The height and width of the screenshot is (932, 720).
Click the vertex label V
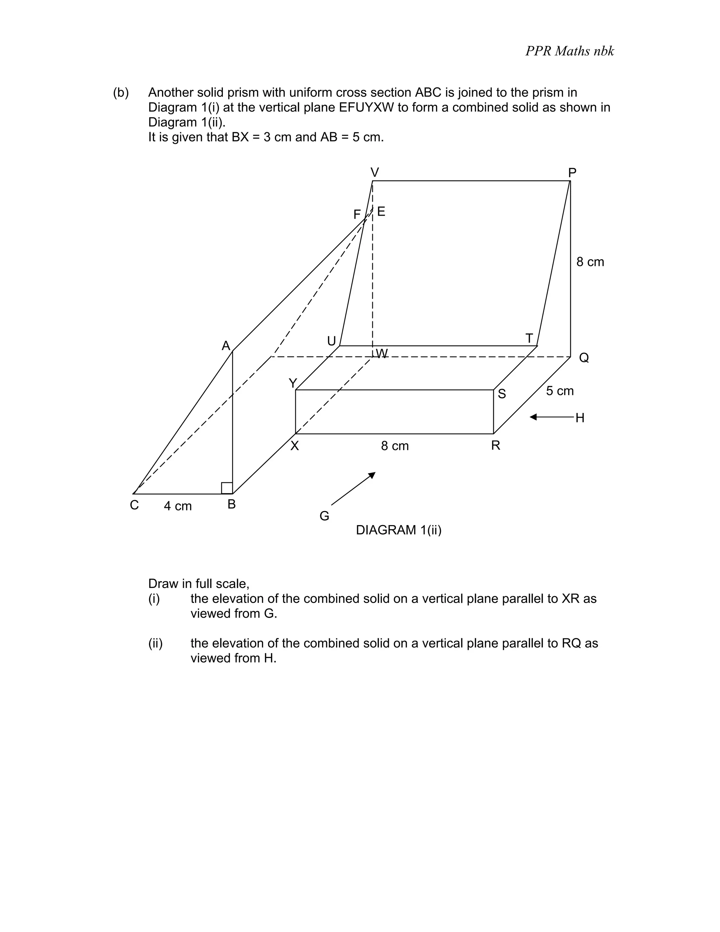374,172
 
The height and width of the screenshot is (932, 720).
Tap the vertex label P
572,172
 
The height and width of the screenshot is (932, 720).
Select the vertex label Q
584,358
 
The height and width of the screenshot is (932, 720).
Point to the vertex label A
226,346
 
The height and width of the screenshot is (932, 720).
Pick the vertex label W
382,353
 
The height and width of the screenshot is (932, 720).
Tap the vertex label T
529,338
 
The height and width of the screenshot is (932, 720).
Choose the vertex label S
502,394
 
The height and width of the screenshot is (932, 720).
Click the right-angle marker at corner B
227,488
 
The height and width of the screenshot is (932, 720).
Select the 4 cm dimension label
178,506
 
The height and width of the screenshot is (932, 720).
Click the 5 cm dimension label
560,391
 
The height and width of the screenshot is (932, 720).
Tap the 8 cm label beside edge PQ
590,262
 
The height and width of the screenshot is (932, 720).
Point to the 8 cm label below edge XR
394,446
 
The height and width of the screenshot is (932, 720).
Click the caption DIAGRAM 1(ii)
398,530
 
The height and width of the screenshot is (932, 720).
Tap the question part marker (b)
121,92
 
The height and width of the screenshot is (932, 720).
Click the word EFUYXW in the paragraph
366,108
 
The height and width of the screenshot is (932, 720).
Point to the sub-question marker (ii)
155,643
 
